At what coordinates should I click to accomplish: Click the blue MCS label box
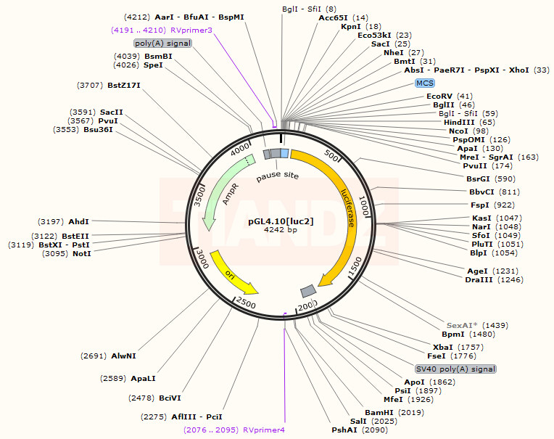[x=425, y=83]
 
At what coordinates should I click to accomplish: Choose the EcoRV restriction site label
[x=439, y=96]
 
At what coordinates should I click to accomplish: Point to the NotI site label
[x=82, y=254]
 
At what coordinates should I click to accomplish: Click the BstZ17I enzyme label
[x=124, y=86]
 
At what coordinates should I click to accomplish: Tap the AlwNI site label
[x=123, y=356]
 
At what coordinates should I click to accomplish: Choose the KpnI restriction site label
[x=351, y=26]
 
